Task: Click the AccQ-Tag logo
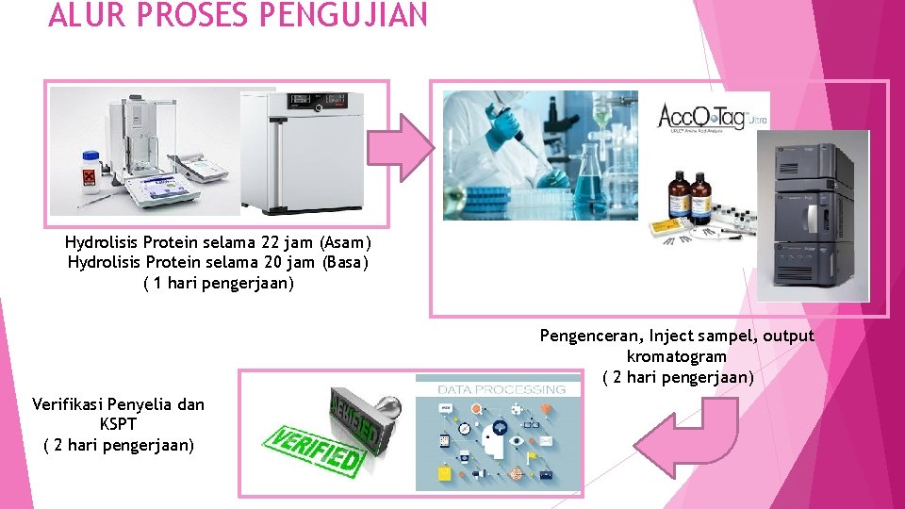coord(702,121)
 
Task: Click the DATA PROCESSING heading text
coord(502,388)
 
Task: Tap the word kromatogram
coord(676,356)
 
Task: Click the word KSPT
coord(119,424)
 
